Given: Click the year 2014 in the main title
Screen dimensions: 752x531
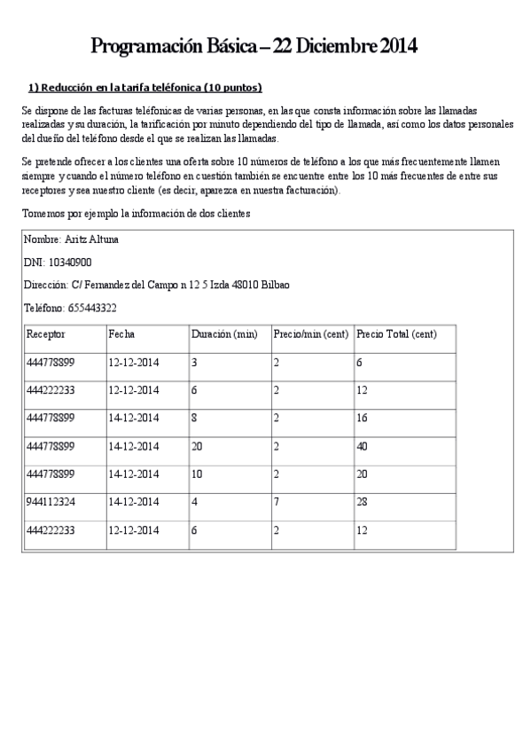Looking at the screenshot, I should tap(399, 46).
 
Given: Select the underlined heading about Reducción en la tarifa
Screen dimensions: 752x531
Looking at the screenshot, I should tap(145, 88).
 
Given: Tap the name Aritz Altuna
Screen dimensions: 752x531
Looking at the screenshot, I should tap(91, 239).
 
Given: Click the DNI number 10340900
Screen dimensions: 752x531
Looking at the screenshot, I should tap(69, 262).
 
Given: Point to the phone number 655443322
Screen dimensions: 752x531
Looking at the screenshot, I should tap(93, 309).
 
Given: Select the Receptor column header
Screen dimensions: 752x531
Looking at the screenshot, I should tap(46, 335).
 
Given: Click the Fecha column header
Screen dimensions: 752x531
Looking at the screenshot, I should tap(121, 335).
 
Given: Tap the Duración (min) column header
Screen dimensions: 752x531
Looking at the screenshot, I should tap(224, 335).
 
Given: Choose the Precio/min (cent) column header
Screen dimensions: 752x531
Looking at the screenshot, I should tap(304, 335).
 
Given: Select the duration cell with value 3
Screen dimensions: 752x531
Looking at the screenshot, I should tap(194, 363).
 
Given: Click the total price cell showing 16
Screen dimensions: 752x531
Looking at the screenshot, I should tap(362, 419).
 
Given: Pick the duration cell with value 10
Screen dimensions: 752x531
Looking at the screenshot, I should tap(197, 474).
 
